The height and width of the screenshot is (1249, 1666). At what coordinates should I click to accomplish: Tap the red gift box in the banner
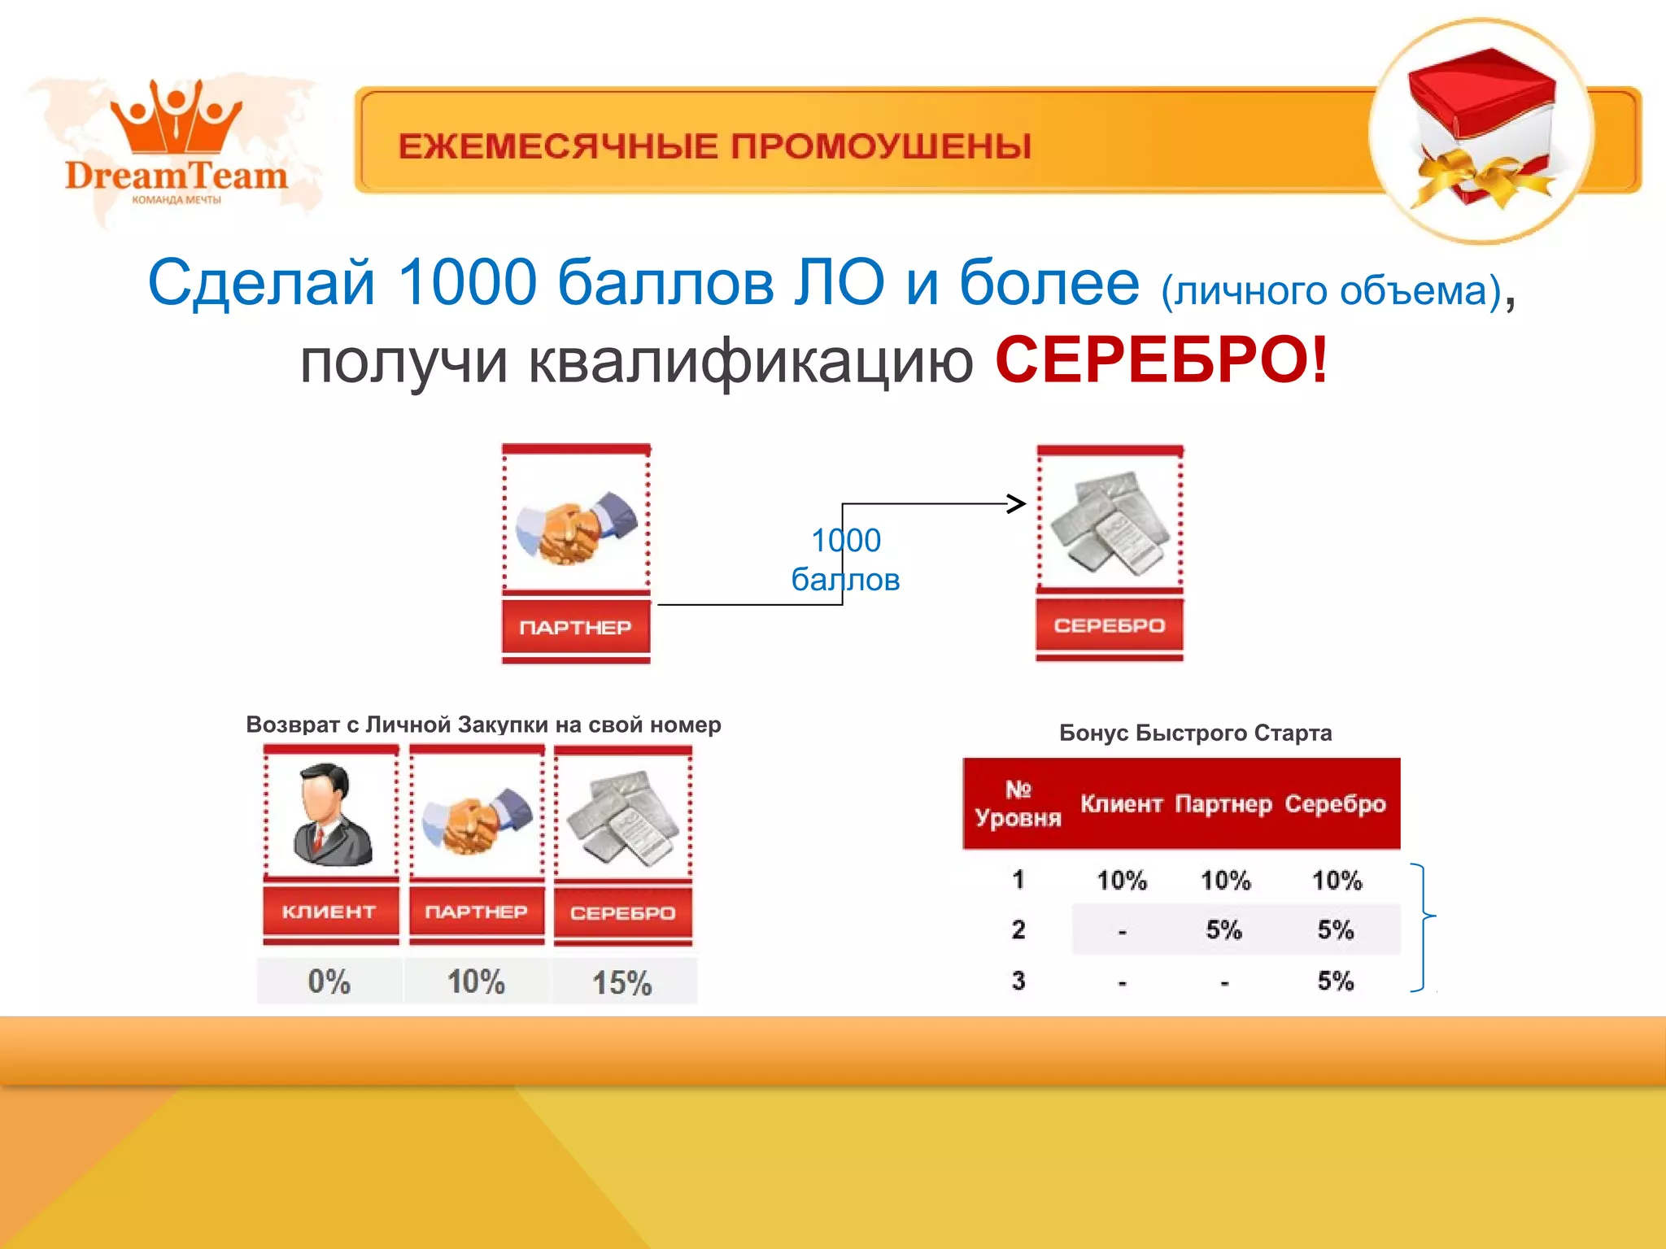click(1482, 122)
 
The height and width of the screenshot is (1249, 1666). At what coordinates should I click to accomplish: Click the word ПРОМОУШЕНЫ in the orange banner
click(880, 146)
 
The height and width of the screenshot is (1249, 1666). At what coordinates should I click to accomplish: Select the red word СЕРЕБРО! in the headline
click(1161, 360)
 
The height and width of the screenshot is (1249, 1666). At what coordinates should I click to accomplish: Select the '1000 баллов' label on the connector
click(846, 559)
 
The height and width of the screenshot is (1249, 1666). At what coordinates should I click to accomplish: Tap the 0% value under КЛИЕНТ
click(329, 981)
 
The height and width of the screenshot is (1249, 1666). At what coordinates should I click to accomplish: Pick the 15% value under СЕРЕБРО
click(621, 982)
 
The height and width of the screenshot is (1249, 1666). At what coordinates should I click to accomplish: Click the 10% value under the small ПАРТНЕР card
click(476, 981)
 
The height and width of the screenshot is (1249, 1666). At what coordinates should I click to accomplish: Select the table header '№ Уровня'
click(1018, 803)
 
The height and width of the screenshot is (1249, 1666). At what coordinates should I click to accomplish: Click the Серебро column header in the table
click(1335, 804)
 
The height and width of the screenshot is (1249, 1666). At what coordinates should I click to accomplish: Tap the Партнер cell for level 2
click(1224, 929)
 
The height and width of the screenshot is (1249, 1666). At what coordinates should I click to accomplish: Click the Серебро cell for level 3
click(1336, 981)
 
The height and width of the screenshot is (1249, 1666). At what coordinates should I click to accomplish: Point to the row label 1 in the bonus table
click(1018, 879)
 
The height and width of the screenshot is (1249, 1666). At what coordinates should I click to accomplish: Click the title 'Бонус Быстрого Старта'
click(1195, 733)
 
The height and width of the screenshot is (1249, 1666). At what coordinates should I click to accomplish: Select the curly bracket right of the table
click(1423, 927)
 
